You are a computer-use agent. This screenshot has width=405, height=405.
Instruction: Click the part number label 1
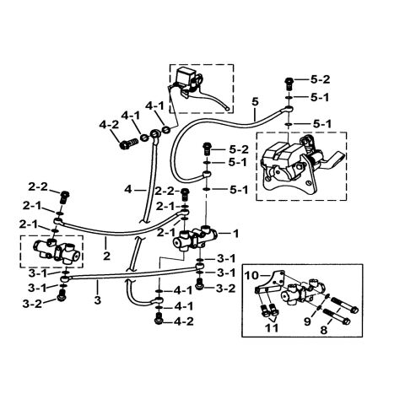pos(237,232)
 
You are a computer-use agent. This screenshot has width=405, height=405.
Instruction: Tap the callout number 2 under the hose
pos(107,251)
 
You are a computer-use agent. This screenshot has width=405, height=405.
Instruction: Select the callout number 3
pos(98,300)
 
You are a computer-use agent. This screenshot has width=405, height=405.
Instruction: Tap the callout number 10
pos(251,275)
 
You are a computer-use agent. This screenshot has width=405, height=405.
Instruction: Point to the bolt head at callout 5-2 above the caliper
pos(289,83)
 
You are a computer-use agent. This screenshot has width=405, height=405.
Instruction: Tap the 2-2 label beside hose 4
pos(163,191)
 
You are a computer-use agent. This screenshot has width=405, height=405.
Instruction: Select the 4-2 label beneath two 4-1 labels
pos(183,321)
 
